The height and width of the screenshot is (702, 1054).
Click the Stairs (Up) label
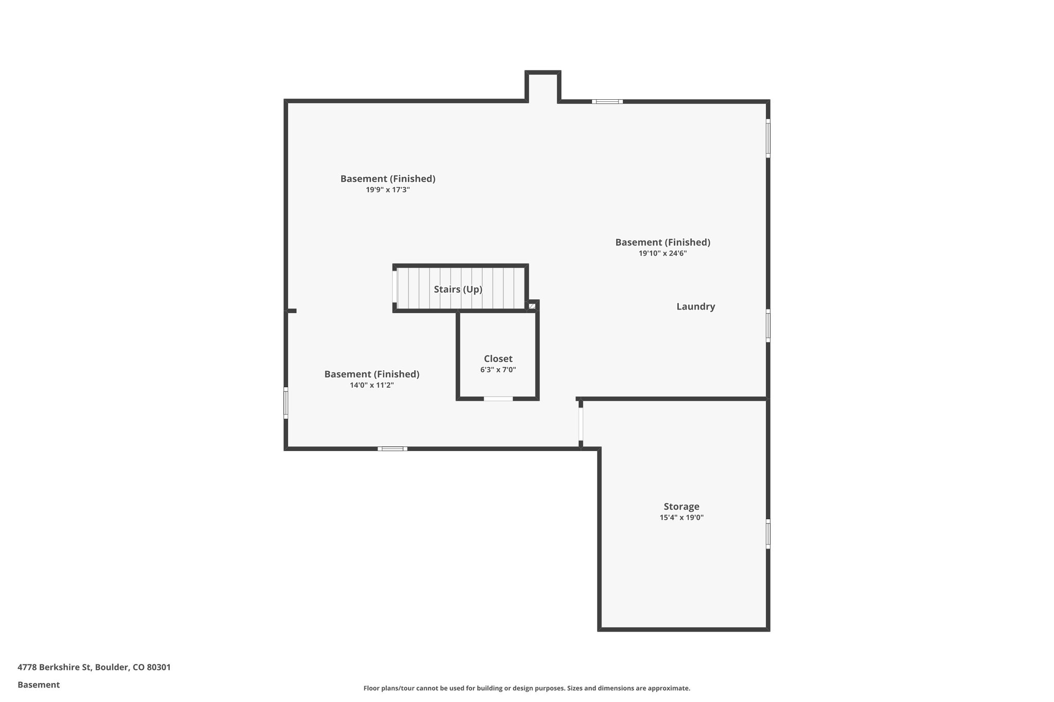(x=458, y=290)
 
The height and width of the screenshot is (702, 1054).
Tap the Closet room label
(x=498, y=359)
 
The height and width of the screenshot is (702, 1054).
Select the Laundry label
(x=695, y=307)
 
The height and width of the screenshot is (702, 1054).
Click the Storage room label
(x=681, y=507)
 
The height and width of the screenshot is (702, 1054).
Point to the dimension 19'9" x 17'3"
(x=388, y=190)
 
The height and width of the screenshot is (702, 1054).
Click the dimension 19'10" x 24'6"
(x=662, y=254)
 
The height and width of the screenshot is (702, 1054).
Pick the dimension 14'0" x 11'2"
(x=372, y=385)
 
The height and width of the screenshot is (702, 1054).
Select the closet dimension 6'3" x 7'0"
(x=498, y=370)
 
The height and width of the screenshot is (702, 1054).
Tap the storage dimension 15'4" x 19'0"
(x=681, y=518)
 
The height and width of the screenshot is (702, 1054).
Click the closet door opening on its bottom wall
(x=498, y=399)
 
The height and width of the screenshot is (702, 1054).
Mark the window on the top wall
(x=607, y=101)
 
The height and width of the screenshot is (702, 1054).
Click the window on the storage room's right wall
(x=768, y=534)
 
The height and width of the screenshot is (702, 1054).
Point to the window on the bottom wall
(x=392, y=449)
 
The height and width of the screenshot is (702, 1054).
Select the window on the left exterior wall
(x=286, y=403)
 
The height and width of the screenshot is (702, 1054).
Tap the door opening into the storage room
(x=581, y=424)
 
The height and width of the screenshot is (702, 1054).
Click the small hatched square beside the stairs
(x=532, y=307)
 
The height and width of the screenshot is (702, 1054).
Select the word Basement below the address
(x=39, y=685)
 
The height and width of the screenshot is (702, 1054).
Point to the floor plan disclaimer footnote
(x=526, y=688)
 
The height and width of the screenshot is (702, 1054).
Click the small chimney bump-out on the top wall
(x=542, y=86)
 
